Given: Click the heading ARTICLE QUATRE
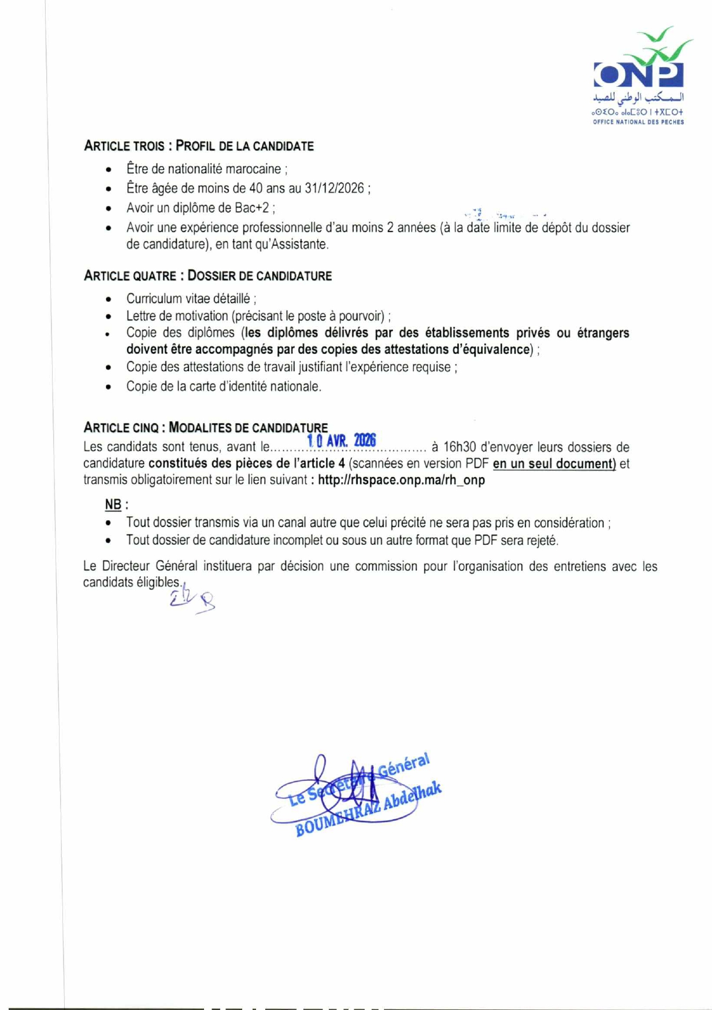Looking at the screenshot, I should [x=131, y=276].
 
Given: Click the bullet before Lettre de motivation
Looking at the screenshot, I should [x=109, y=317].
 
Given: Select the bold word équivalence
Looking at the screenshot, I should [x=499, y=349].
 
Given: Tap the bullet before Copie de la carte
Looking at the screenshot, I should [x=109, y=387].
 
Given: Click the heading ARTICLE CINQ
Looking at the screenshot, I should [x=121, y=428].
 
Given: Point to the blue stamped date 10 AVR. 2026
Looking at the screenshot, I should [x=342, y=441].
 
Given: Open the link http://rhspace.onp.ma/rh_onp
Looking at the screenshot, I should [x=401, y=480].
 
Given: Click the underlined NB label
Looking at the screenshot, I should [x=113, y=504].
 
